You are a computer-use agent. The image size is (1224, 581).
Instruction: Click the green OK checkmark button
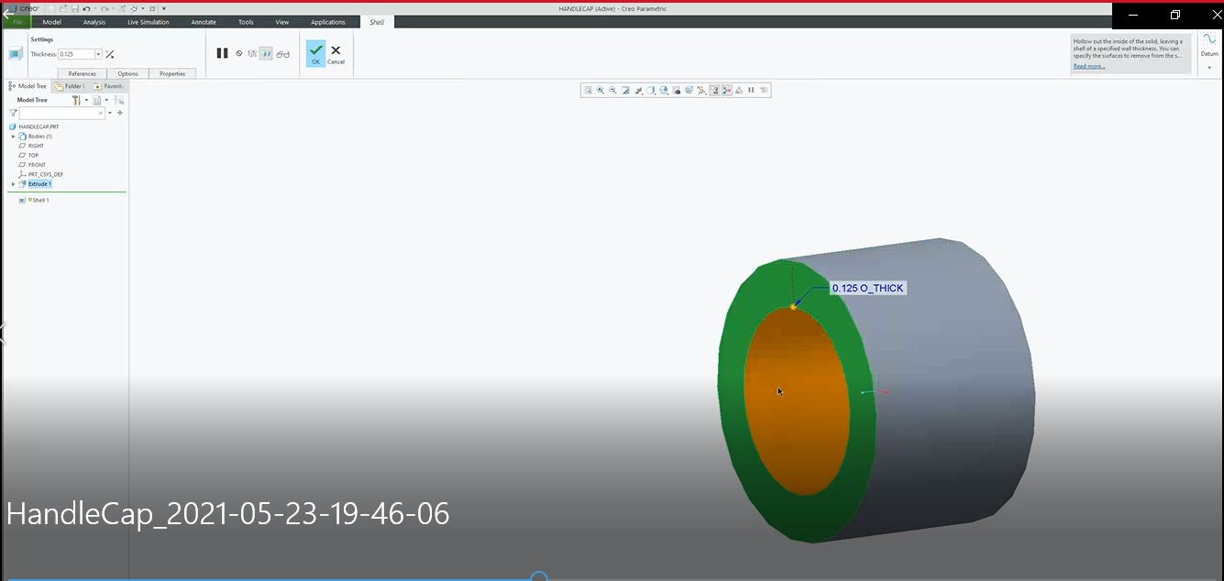tap(315, 53)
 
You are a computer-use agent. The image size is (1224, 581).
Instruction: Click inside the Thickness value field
tap(77, 54)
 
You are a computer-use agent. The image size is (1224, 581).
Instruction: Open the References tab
tap(82, 73)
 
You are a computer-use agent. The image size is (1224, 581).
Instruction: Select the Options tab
tap(127, 73)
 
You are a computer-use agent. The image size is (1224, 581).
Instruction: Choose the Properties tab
tap(171, 73)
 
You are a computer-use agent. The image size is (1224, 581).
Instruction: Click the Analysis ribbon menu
tap(94, 22)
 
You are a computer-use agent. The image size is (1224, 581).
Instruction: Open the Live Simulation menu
tap(148, 22)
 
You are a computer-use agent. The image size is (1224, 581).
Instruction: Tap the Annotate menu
tap(204, 22)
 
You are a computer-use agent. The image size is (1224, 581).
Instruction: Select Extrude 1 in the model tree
tap(39, 184)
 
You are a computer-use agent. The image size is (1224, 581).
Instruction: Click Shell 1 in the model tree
tap(40, 200)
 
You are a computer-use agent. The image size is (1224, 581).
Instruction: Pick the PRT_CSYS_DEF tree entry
tap(45, 174)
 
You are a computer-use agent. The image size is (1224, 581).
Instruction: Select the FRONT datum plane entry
tap(37, 165)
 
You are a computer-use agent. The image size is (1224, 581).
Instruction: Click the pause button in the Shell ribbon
tap(222, 53)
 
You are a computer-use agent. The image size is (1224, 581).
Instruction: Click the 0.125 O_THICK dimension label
tap(868, 288)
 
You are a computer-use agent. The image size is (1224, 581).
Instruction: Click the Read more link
tap(1089, 66)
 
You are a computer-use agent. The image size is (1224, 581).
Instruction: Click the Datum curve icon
tap(1209, 41)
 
